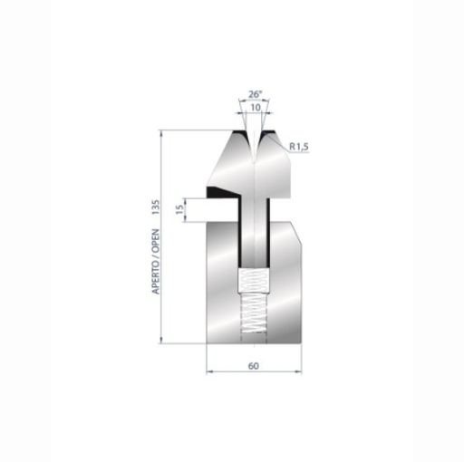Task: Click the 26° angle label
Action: tap(254, 92)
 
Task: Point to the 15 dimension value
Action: tap(179, 210)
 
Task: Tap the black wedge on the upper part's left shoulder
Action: tap(219, 191)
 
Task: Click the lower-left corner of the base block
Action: tap(208, 345)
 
